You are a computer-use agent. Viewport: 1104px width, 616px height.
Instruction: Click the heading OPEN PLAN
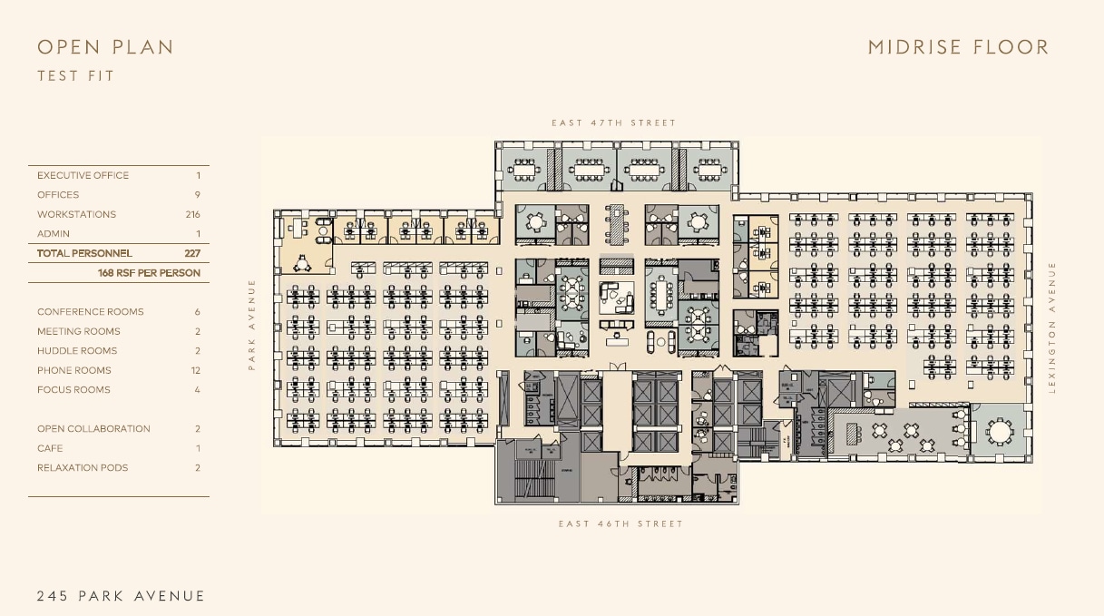[105, 47]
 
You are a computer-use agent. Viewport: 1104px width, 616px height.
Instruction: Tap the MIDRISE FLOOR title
[958, 47]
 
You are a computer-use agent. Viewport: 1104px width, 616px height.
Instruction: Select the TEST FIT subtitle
[76, 76]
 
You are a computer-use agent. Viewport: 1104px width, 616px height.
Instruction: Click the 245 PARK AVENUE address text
[121, 596]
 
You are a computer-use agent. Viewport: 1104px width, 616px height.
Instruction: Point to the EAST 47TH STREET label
[614, 122]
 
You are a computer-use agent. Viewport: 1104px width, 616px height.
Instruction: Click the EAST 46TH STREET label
[620, 523]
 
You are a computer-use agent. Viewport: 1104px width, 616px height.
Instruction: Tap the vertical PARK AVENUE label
[252, 324]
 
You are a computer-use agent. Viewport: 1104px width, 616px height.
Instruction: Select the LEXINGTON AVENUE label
[1052, 327]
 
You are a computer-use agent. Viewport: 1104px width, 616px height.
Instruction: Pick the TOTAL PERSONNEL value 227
[192, 254]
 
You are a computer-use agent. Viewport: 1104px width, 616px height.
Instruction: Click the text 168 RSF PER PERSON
[149, 273]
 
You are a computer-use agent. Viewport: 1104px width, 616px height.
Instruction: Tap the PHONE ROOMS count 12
[196, 370]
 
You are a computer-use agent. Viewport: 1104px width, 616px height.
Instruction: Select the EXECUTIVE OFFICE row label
[83, 176]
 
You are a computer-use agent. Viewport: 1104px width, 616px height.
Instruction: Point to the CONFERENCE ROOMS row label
[90, 312]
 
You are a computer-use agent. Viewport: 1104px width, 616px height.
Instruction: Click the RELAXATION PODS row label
[83, 468]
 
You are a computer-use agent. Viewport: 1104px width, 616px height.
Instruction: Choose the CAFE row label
[50, 448]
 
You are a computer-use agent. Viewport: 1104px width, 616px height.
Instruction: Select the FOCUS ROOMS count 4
[197, 390]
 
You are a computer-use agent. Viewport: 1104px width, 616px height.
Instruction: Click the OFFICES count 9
[197, 195]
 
